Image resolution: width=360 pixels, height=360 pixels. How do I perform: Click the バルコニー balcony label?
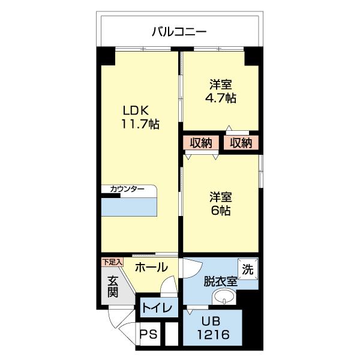coord(179,32)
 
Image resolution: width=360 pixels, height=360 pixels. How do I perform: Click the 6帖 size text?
coord(221,211)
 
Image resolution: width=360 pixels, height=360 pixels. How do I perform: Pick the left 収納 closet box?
coord(201,143)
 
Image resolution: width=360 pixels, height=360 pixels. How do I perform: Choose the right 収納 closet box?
coord(241,143)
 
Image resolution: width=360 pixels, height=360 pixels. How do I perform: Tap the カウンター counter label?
coord(127,190)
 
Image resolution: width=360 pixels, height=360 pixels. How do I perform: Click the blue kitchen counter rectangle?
coord(130,206)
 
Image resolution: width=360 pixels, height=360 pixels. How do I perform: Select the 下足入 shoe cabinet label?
coord(112,262)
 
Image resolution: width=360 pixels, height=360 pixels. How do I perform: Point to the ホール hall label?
coord(151,268)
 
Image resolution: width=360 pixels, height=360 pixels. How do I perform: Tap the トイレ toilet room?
coord(158,308)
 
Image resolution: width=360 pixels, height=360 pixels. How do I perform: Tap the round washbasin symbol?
coord(226,296)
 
